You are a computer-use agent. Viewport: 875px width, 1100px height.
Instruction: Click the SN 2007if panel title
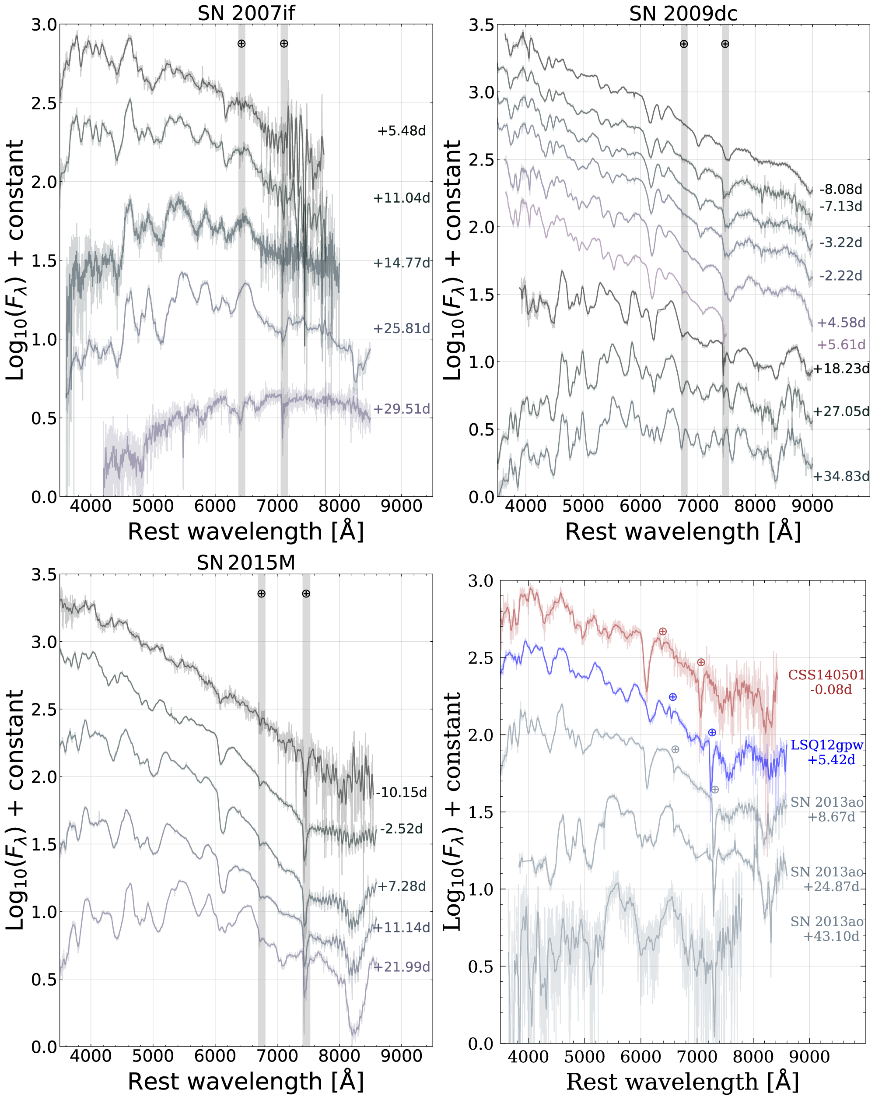[246, 13]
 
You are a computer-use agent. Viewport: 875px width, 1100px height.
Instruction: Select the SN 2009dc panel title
[683, 13]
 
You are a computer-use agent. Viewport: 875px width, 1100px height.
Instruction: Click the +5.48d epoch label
[401, 131]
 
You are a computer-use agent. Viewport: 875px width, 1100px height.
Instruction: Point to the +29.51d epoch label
[401, 409]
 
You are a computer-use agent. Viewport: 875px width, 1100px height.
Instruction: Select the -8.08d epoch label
[840, 189]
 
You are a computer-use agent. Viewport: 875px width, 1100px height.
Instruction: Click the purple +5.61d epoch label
[840, 345]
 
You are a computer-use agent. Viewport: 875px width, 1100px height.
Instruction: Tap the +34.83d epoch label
[840, 477]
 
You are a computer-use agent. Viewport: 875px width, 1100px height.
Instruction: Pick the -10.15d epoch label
[401, 792]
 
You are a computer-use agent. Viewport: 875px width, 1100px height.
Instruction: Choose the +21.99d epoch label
[401, 967]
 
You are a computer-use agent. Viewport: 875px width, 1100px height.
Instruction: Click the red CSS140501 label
[826, 675]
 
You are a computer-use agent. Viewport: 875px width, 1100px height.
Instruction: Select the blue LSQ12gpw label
[826, 745]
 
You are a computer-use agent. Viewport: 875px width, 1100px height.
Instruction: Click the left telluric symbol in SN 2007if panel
[241, 44]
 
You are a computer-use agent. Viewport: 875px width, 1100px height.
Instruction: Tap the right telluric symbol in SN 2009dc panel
[724, 44]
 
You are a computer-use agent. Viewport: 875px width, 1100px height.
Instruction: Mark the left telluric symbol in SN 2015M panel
[261, 594]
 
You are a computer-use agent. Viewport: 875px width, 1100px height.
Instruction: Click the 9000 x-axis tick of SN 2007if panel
[401, 506]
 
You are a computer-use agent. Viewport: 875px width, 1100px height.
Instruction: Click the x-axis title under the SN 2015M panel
[246, 1081]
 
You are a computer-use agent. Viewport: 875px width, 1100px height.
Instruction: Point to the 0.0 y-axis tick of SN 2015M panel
[44, 1047]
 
